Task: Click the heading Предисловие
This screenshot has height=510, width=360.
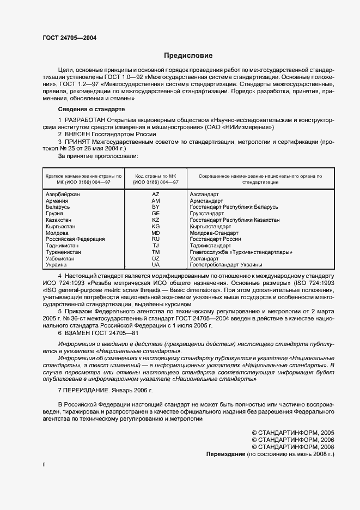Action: click(x=188, y=56)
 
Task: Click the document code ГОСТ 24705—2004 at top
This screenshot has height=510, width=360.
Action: click(x=70, y=38)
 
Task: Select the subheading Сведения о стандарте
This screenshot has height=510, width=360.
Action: click(x=91, y=110)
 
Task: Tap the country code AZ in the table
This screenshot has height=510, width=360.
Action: click(x=155, y=194)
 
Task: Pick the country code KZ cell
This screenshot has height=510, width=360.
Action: click(x=155, y=220)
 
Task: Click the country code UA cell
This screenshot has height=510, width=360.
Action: click(x=155, y=264)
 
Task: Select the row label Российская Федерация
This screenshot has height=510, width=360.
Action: click(x=75, y=239)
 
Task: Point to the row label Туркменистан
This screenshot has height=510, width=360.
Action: click(x=63, y=252)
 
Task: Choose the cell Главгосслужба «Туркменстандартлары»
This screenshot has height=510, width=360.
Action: click(x=241, y=252)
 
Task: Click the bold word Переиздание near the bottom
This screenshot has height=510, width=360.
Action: click(x=225, y=454)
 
